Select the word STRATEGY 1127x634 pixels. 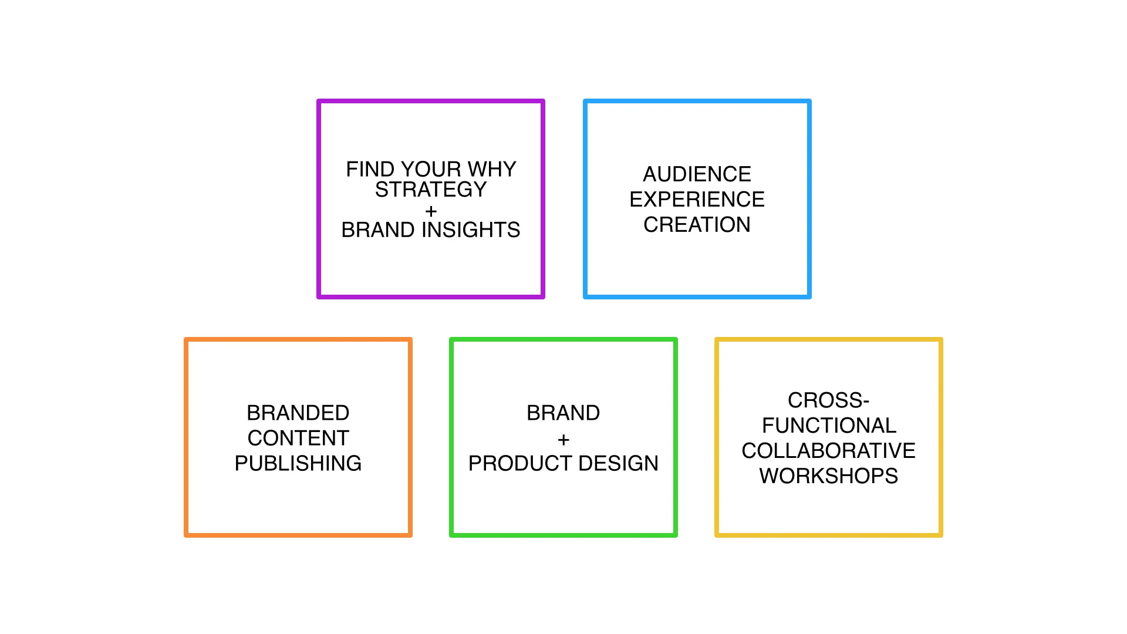pyautogui.click(x=431, y=190)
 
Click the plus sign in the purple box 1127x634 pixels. pyautogui.click(x=431, y=211)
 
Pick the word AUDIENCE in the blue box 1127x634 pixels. pyautogui.click(x=697, y=174)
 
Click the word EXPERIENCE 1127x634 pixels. pyautogui.click(x=697, y=200)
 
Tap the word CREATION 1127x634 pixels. pyautogui.click(x=697, y=225)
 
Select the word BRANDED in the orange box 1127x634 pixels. pyautogui.click(x=298, y=413)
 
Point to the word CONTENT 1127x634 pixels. pyautogui.click(x=298, y=438)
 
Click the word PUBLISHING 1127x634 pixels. pyautogui.click(x=298, y=463)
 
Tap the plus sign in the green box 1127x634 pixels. pyautogui.click(x=563, y=439)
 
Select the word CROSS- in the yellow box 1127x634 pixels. pyautogui.click(x=828, y=400)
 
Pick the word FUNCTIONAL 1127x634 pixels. pyautogui.click(x=828, y=426)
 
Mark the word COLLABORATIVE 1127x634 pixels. pyautogui.click(x=828, y=451)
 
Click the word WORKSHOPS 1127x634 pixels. pyautogui.click(x=828, y=476)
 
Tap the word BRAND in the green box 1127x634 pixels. pyautogui.click(x=563, y=413)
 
